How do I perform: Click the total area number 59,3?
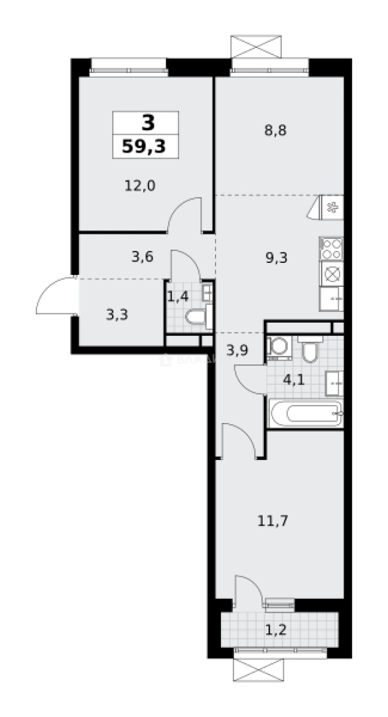(146, 145)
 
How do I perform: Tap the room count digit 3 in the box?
(147, 123)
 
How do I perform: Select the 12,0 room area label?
(140, 186)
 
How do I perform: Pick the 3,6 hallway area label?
(143, 256)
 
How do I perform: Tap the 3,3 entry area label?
(117, 314)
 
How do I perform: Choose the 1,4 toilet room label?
(178, 296)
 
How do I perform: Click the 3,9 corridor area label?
(237, 351)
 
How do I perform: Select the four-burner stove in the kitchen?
(331, 248)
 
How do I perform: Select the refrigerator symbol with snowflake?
(332, 206)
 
